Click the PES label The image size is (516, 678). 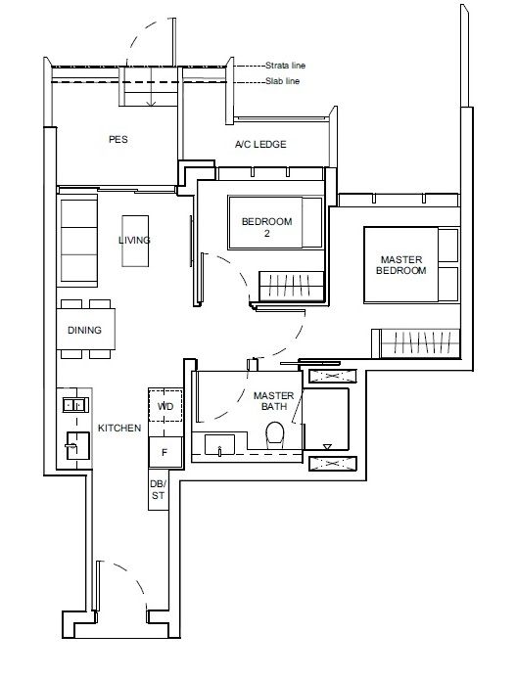click(x=117, y=140)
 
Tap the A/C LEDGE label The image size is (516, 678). click(x=260, y=145)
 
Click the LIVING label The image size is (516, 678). click(x=134, y=240)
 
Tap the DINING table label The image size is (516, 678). click(x=85, y=330)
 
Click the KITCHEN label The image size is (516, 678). click(x=119, y=429)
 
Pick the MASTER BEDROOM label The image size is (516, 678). click(x=402, y=264)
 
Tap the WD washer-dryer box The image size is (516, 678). click(x=164, y=404)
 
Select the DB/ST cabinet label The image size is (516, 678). click(x=158, y=490)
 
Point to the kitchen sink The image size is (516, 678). click(x=73, y=442)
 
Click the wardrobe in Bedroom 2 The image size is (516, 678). click(x=292, y=285)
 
